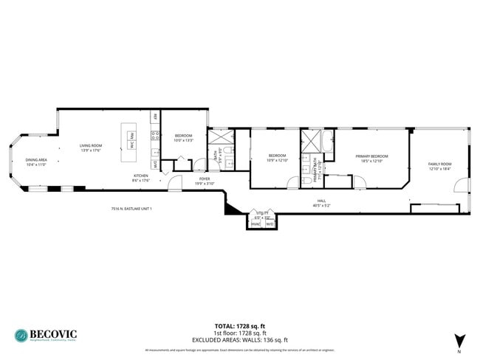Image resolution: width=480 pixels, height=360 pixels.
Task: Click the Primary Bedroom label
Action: point(371,158)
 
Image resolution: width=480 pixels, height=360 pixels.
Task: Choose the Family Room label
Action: point(439,166)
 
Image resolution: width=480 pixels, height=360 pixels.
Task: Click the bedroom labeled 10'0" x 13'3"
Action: point(184,138)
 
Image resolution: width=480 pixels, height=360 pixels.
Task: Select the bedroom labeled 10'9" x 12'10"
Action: point(277,158)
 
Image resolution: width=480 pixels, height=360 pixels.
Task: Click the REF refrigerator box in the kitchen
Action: point(155,117)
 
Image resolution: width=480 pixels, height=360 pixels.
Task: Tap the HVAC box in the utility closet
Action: point(255,224)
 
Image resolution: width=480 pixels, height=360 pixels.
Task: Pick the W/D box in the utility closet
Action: point(270,224)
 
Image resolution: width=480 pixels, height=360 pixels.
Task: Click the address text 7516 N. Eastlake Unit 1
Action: point(131,209)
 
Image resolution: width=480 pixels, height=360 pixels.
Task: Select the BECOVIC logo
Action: point(45,335)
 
